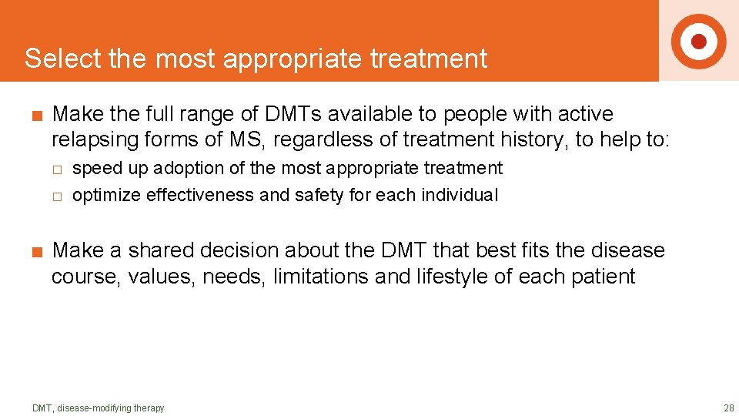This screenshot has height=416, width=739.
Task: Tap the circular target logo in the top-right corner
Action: pos(698,41)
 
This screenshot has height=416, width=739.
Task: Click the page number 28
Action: pos(728,408)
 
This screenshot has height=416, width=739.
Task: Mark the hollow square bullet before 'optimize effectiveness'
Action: pos(56,196)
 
